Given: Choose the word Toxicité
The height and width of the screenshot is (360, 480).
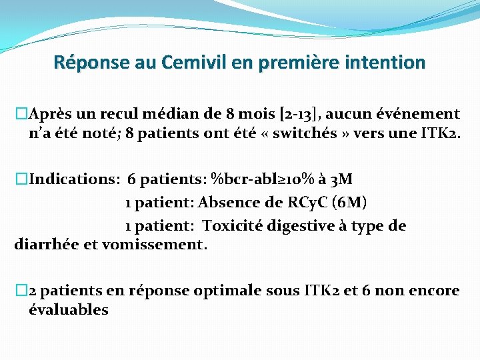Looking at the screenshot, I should [233, 226].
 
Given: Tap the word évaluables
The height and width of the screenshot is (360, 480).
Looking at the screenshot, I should [69, 309].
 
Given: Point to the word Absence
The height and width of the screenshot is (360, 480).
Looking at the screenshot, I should [226, 202].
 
